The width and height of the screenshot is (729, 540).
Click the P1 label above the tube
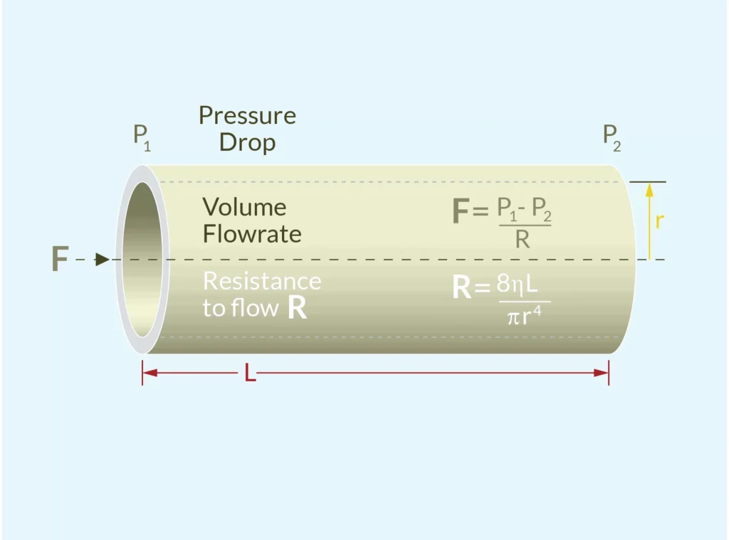click(x=142, y=137)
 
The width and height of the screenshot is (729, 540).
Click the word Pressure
click(x=247, y=115)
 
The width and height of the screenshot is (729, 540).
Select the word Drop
click(x=247, y=142)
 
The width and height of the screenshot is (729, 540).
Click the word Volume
click(x=244, y=207)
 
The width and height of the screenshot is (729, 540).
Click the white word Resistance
click(x=262, y=281)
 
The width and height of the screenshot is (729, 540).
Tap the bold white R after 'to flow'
click(x=298, y=309)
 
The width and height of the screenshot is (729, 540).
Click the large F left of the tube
click(x=60, y=260)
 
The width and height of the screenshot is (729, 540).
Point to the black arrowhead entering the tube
click(x=103, y=260)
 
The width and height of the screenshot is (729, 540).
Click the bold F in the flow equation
click(x=462, y=212)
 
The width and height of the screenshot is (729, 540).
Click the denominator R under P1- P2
click(x=522, y=240)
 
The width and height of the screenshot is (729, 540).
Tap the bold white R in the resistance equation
click(x=461, y=288)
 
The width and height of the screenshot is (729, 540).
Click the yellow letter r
click(x=659, y=221)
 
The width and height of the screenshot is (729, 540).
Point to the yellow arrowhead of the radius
click(x=649, y=189)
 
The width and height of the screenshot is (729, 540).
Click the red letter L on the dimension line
click(x=250, y=373)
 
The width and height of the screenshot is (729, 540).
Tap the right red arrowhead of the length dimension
click(x=603, y=373)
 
